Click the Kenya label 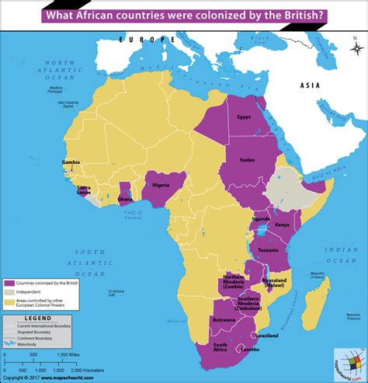tap(283, 225)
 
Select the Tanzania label tap(269, 250)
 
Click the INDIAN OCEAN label tap(340, 252)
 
